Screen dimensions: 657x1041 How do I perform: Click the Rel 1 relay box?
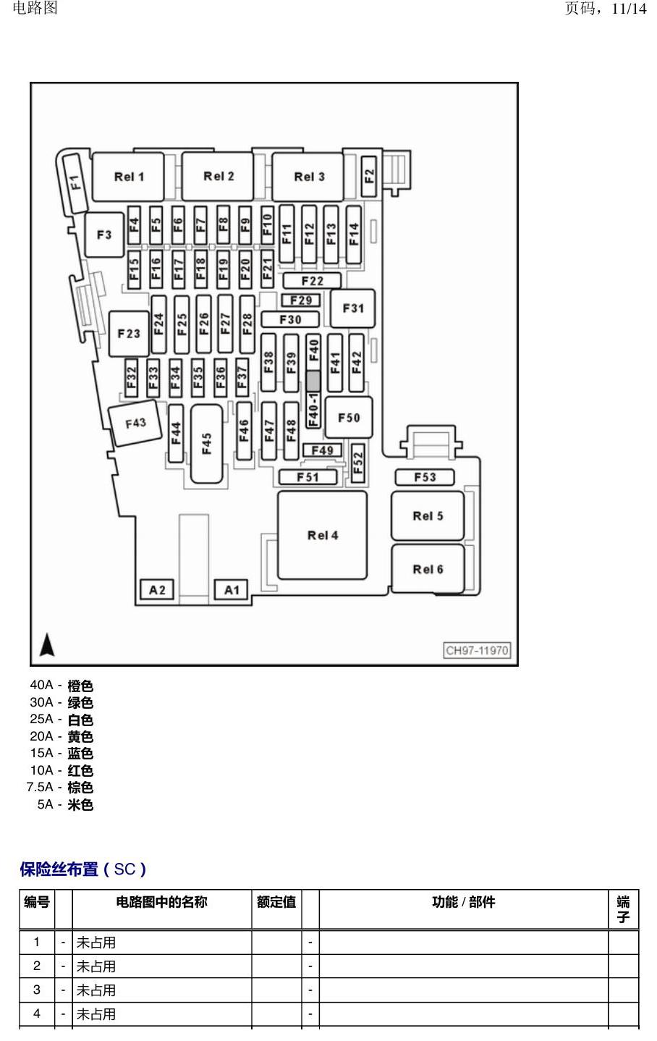click(x=128, y=177)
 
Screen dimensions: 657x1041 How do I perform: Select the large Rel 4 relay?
click(x=323, y=536)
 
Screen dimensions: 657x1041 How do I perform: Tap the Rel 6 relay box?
click(x=428, y=569)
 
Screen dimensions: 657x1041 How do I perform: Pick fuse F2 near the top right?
click(x=369, y=176)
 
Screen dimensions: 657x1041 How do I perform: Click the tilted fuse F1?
click(x=75, y=182)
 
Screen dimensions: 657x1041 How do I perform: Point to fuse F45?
click(x=207, y=443)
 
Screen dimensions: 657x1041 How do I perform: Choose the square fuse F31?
click(x=352, y=308)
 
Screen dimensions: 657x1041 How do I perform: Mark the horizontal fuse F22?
click(x=312, y=281)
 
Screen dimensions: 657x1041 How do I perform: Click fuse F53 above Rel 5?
click(x=425, y=477)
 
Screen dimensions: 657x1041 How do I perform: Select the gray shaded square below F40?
click(x=313, y=381)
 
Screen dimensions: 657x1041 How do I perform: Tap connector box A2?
click(x=157, y=590)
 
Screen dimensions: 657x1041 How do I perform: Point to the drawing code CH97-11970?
click(x=477, y=650)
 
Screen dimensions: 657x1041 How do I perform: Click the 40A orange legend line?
click(x=62, y=686)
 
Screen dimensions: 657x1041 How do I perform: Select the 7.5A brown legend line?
click(x=60, y=787)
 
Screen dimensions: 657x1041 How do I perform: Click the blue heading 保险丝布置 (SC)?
click(x=83, y=869)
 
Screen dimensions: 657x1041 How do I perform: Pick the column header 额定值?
click(x=276, y=902)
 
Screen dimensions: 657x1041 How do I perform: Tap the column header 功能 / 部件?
click(x=463, y=902)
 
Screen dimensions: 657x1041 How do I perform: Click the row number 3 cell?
click(x=37, y=990)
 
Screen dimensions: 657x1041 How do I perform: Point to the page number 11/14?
click(x=629, y=9)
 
